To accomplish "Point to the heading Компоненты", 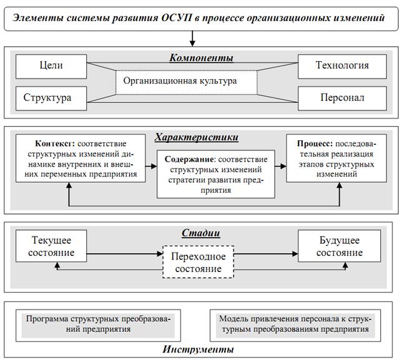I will pyautogui.click(x=200, y=58).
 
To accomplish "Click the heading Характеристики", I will pyautogui.click(x=200, y=137).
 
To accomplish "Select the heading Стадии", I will pyautogui.click(x=200, y=234).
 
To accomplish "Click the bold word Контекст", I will pyautogui.click(x=48, y=142).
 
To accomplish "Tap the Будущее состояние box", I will pyautogui.click(x=340, y=246).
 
